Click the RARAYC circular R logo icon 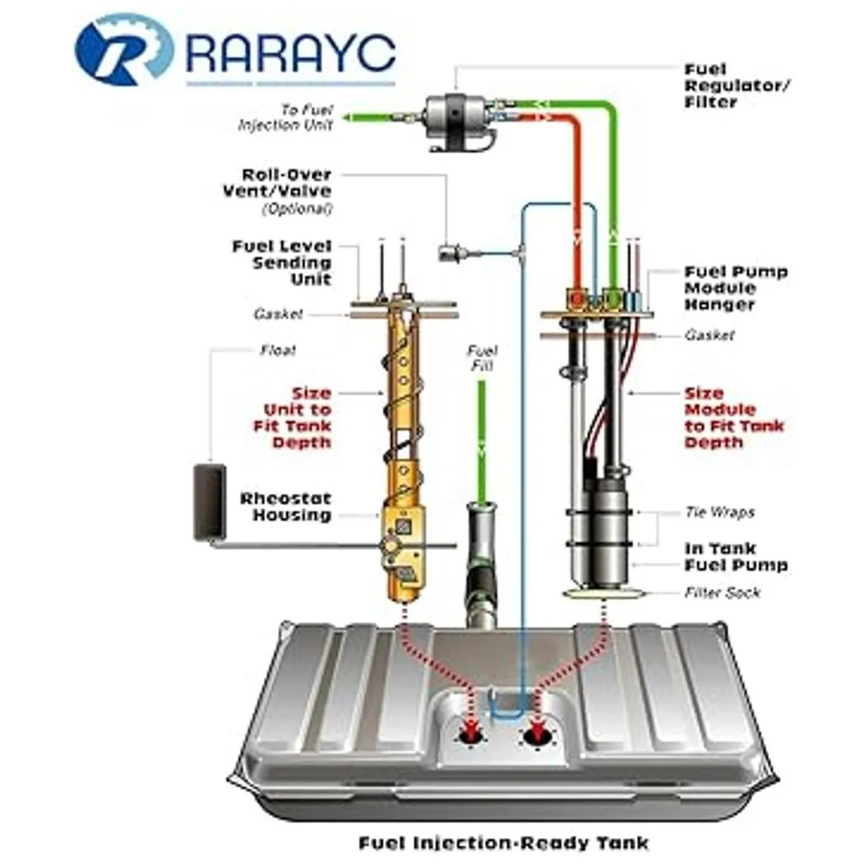click(x=124, y=50)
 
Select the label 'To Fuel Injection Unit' click(x=286, y=117)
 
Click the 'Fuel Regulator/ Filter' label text click(x=737, y=86)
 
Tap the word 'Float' click(x=278, y=350)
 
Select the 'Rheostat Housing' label click(x=286, y=507)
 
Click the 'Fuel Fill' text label click(x=482, y=358)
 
